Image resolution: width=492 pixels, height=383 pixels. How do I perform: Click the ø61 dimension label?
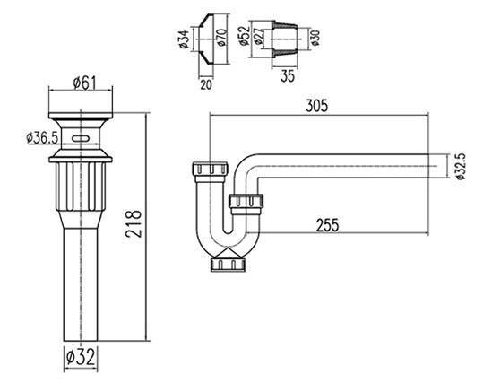pyautogui.click(x=85, y=83)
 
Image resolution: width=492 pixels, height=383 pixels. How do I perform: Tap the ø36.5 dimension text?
pyautogui.click(x=42, y=138)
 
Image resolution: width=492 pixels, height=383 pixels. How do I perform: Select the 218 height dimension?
pyautogui.click(x=134, y=223)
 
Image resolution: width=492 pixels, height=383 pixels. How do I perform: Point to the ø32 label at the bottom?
pyautogui.click(x=81, y=357)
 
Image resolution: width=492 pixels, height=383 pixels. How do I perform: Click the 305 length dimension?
pyautogui.click(x=316, y=106)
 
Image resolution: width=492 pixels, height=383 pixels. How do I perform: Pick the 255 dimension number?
pyautogui.click(x=327, y=225)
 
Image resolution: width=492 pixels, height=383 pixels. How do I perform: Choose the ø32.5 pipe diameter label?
pyautogui.click(x=460, y=167)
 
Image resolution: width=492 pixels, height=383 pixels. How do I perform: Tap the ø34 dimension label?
pyautogui.click(x=185, y=39)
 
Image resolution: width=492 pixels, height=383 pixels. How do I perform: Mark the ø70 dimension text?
pyautogui.click(x=221, y=38)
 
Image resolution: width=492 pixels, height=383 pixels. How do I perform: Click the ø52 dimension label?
pyautogui.click(x=245, y=36)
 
